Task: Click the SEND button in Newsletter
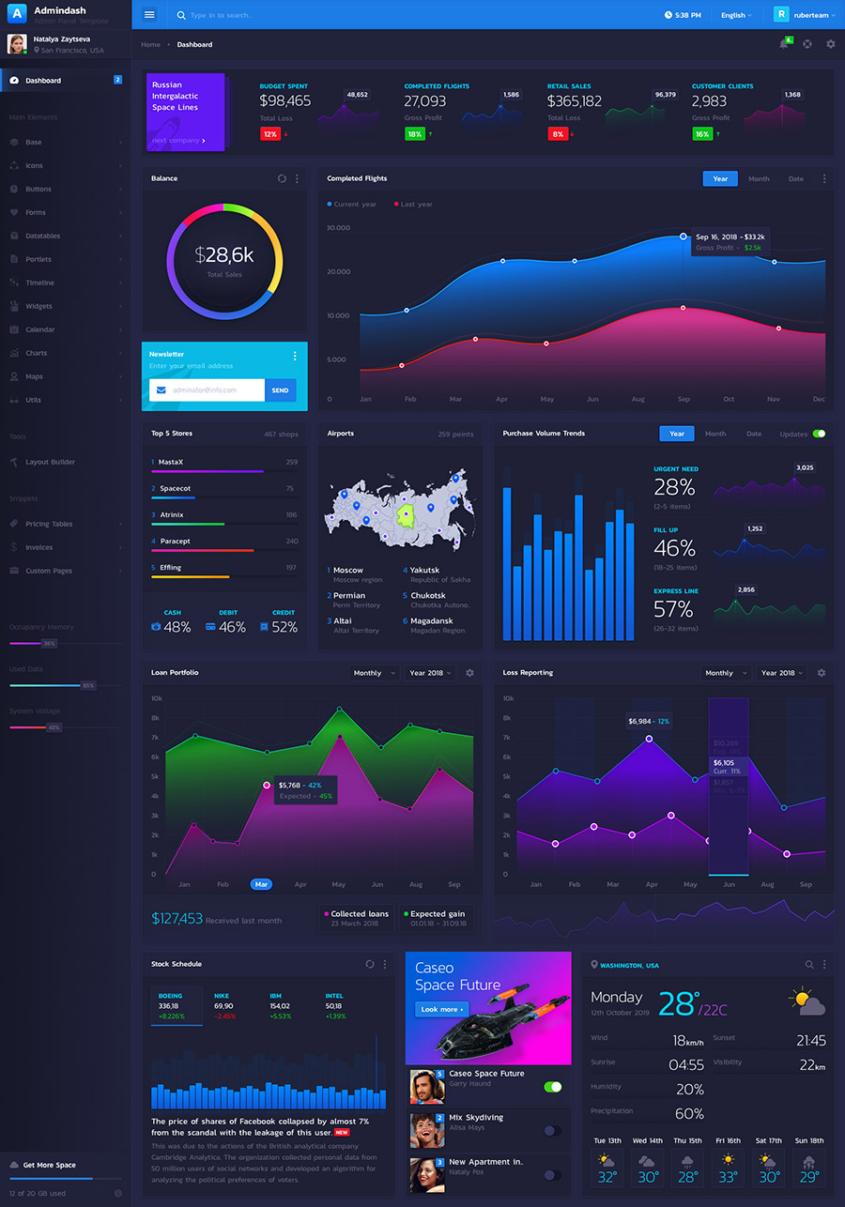pyautogui.click(x=280, y=390)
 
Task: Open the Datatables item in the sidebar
pyautogui.click(x=43, y=236)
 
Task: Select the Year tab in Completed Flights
pyautogui.click(x=720, y=178)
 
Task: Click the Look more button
pyautogui.click(x=441, y=1009)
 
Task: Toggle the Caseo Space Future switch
pyautogui.click(x=553, y=1087)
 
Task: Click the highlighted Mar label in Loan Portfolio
pyautogui.click(x=261, y=884)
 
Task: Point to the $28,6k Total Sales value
pyautogui.click(x=224, y=255)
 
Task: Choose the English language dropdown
pyautogui.click(x=736, y=15)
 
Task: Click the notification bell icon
pyautogui.click(x=784, y=44)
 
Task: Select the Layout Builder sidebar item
pyautogui.click(x=50, y=462)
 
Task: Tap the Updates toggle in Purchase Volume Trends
pyautogui.click(x=819, y=434)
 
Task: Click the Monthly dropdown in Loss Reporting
pyautogui.click(x=725, y=673)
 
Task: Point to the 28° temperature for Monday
pyautogui.click(x=679, y=1004)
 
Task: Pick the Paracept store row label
pyautogui.click(x=175, y=542)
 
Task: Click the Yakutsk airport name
pyautogui.click(x=424, y=570)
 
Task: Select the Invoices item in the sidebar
pyautogui.click(x=38, y=547)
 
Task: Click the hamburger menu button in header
pyautogui.click(x=149, y=15)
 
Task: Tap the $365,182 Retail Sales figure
pyautogui.click(x=575, y=101)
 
